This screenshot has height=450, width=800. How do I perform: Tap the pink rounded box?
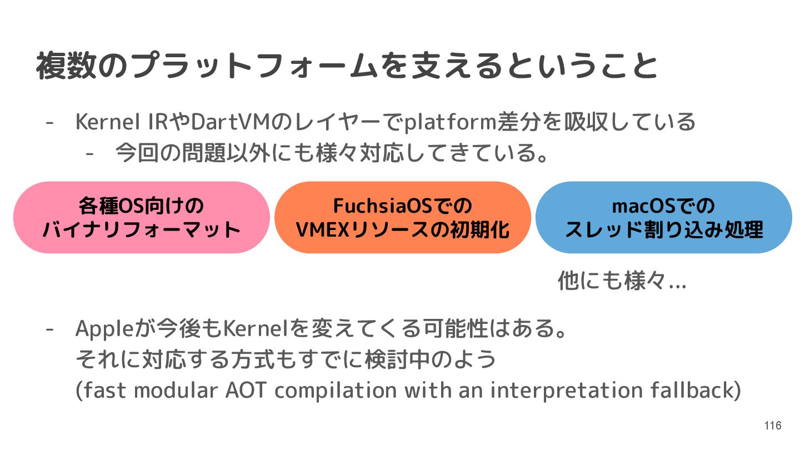tap(141, 217)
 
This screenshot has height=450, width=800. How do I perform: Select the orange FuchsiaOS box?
tap(402, 217)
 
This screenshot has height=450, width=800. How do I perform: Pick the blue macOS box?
tap(663, 217)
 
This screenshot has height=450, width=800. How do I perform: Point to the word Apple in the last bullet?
tap(104, 329)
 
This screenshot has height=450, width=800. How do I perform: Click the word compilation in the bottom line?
tap(336, 391)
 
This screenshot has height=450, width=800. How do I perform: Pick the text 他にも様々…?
tap(622, 282)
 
